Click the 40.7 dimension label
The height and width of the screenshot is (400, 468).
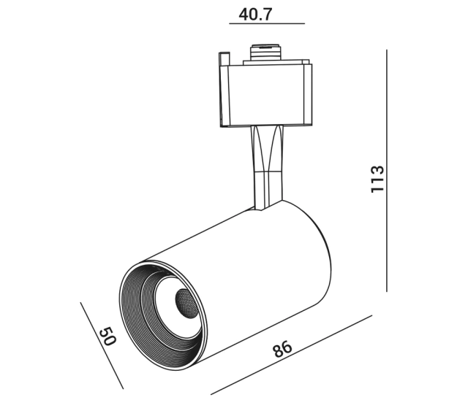[x=255, y=14]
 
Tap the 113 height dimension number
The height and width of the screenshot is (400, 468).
[x=377, y=179]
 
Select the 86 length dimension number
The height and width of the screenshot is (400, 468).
[x=282, y=348]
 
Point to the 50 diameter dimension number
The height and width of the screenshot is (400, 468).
[x=107, y=336]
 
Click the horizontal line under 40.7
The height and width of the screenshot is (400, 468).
[x=267, y=23]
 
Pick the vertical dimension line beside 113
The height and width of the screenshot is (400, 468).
[x=387, y=170]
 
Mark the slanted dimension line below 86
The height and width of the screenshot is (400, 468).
[x=291, y=355]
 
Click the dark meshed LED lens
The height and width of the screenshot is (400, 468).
[x=186, y=303]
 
